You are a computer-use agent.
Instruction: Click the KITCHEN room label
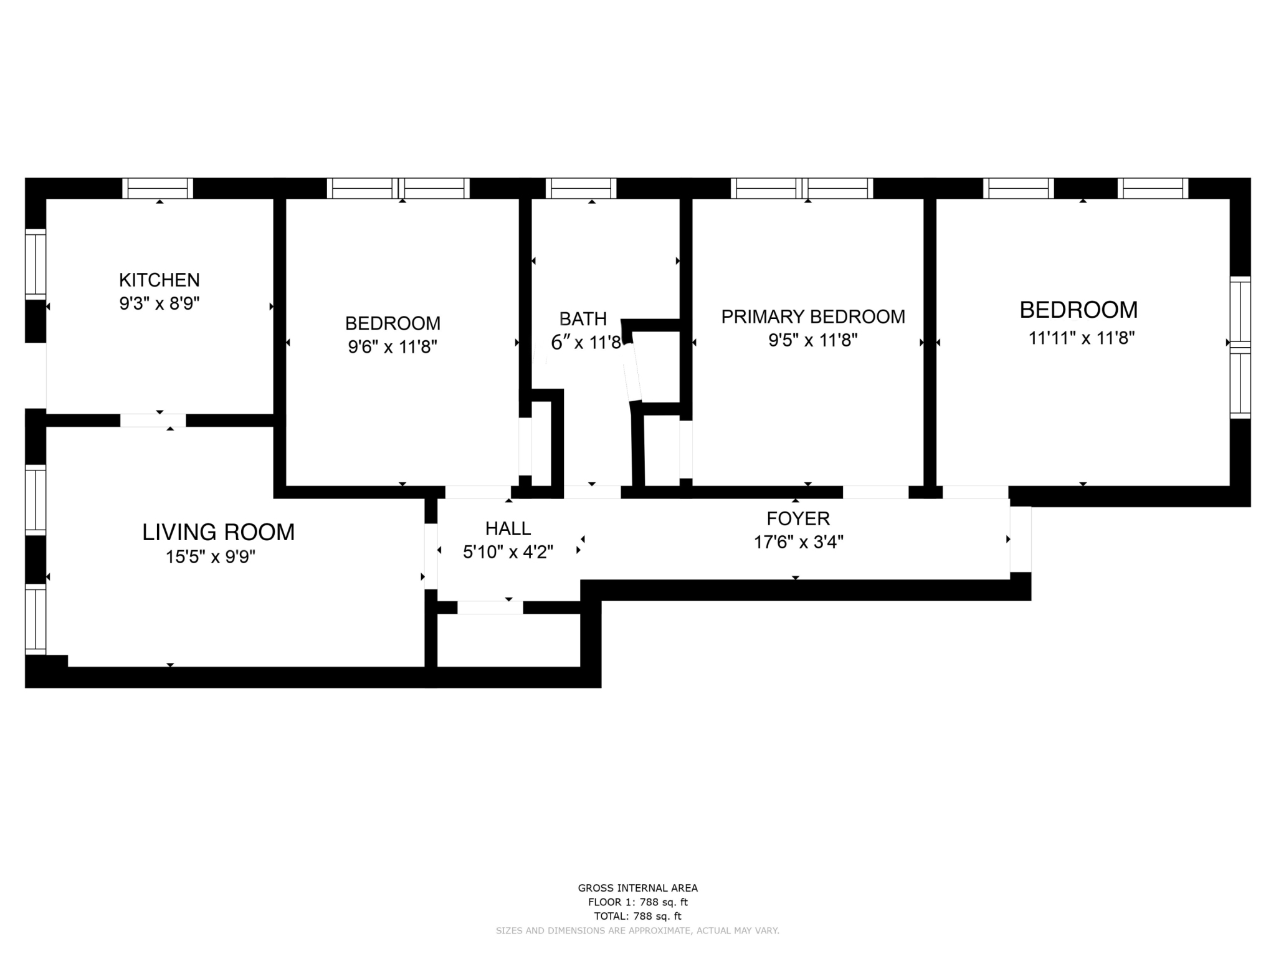pyautogui.click(x=159, y=280)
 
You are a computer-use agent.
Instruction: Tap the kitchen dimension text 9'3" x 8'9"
pyautogui.click(x=159, y=303)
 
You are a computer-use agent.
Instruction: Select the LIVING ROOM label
pyautogui.click(x=218, y=532)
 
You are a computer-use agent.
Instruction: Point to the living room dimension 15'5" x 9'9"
pyautogui.click(x=211, y=556)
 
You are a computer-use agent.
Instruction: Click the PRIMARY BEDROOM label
pyautogui.click(x=813, y=317)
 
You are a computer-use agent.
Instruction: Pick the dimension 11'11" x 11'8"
pyautogui.click(x=1082, y=338)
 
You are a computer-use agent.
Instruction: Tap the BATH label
pyautogui.click(x=583, y=319)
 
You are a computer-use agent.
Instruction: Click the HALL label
pyautogui.click(x=508, y=528)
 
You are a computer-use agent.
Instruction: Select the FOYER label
pyautogui.click(x=798, y=518)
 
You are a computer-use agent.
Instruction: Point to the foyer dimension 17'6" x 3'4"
pyautogui.click(x=799, y=542)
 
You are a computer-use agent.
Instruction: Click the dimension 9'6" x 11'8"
pyautogui.click(x=393, y=346)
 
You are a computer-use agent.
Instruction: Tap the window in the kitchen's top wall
pyautogui.click(x=158, y=188)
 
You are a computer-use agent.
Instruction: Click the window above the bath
pyautogui.click(x=581, y=188)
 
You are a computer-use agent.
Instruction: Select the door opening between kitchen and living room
pyautogui.click(x=153, y=421)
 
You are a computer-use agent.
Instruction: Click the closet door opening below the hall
pyautogui.click(x=490, y=607)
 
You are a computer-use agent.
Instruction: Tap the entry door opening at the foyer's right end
pyautogui.click(x=1021, y=539)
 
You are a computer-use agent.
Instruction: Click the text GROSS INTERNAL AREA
pyautogui.click(x=637, y=888)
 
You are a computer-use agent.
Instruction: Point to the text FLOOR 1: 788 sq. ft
pyautogui.click(x=637, y=902)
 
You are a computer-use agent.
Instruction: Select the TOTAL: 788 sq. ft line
pyautogui.click(x=637, y=916)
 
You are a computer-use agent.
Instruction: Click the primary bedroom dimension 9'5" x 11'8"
pyautogui.click(x=813, y=340)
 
